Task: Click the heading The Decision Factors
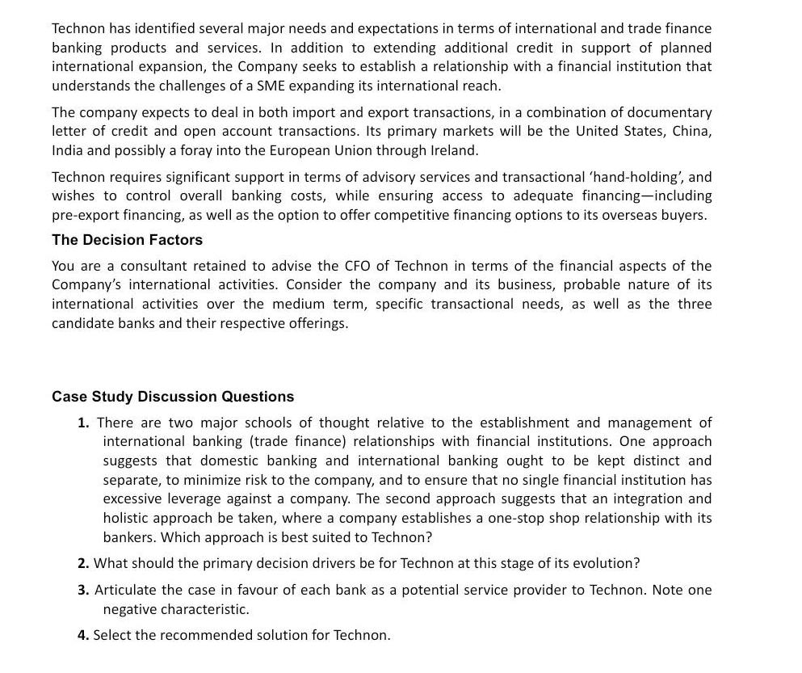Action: click(x=127, y=240)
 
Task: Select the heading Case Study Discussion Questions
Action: click(x=173, y=397)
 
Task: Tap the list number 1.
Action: click(x=83, y=423)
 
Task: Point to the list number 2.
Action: click(x=83, y=563)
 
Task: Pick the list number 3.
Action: click(x=83, y=590)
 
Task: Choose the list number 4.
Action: click(x=83, y=635)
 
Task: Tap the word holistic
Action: click(x=129, y=518)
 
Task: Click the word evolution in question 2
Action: click(x=606, y=563)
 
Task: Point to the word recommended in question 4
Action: click(x=205, y=635)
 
